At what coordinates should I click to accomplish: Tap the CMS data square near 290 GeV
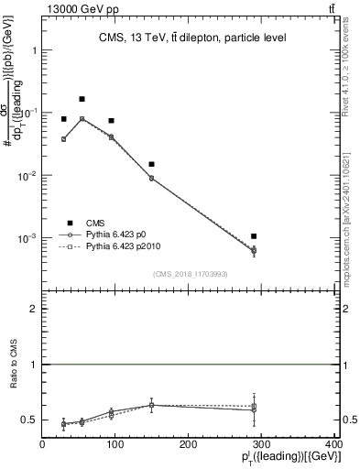click(266, 236)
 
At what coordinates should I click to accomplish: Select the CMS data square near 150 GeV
click(151, 164)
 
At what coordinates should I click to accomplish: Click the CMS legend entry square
click(68, 222)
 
